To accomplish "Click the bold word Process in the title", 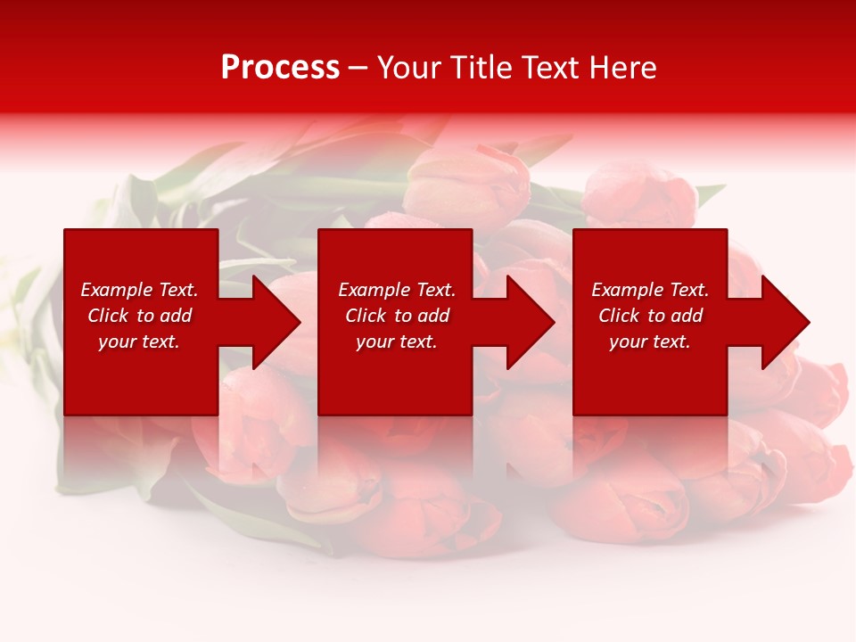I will [x=280, y=68].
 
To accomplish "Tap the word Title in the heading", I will [x=480, y=68].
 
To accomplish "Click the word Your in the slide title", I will [x=411, y=68].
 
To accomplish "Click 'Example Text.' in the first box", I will [x=139, y=290].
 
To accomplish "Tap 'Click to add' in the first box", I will [x=139, y=316].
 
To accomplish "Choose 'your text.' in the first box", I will [x=139, y=342].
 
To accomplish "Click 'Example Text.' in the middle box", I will [x=397, y=290].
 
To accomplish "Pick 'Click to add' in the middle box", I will [x=397, y=316].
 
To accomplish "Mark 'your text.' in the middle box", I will [x=397, y=342].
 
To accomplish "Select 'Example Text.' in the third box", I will [x=650, y=290].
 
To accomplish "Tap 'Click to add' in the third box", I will [x=650, y=316].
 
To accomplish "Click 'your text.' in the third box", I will [x=650, y=342].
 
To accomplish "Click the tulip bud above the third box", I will [x=640, y=198].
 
